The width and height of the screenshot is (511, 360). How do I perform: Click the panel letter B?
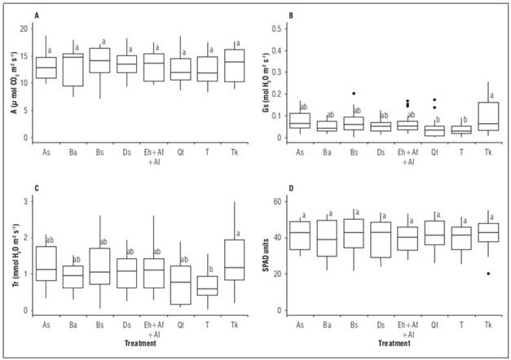281,15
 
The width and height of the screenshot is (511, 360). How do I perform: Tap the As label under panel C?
47,323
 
